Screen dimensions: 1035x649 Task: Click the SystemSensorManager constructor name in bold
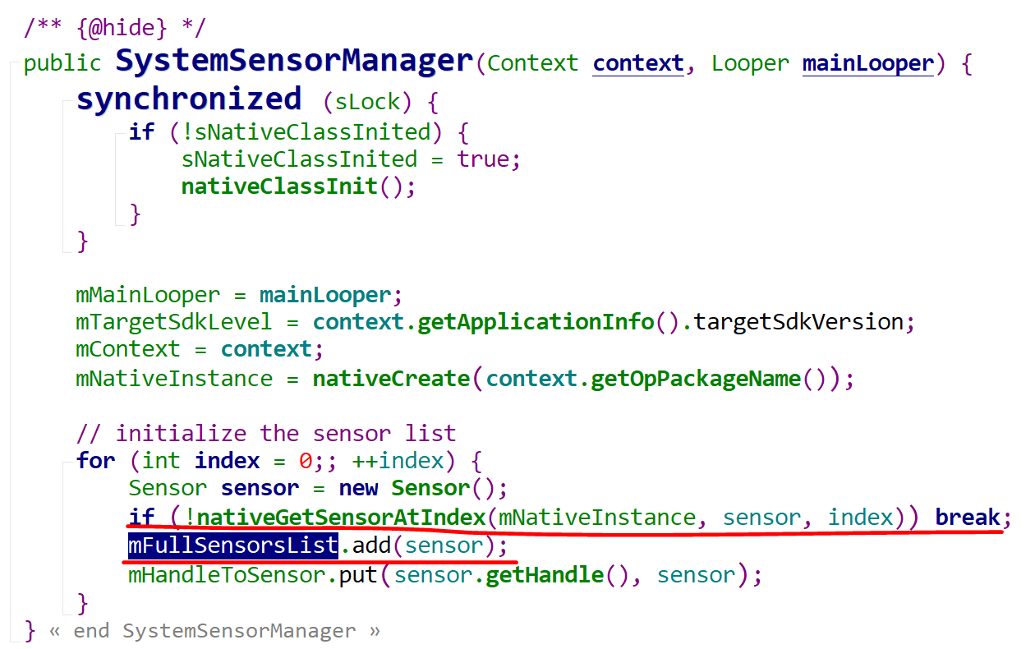[x=294, y=62]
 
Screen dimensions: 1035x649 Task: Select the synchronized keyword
[x=189, y=99]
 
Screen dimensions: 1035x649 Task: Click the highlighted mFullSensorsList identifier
[x=233, y=545]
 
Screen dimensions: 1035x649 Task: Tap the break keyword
[x=968, y=517]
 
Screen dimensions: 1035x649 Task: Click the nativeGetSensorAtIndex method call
[x=342, y=517]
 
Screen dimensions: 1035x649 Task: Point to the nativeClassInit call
[x=279, y=186]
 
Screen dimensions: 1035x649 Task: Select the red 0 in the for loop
[x=305, y=460]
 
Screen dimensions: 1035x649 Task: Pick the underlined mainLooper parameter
[x=867, y=63]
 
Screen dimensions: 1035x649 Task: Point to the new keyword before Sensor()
[x=358, y=488]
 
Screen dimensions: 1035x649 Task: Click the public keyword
[x=62, y=63]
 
